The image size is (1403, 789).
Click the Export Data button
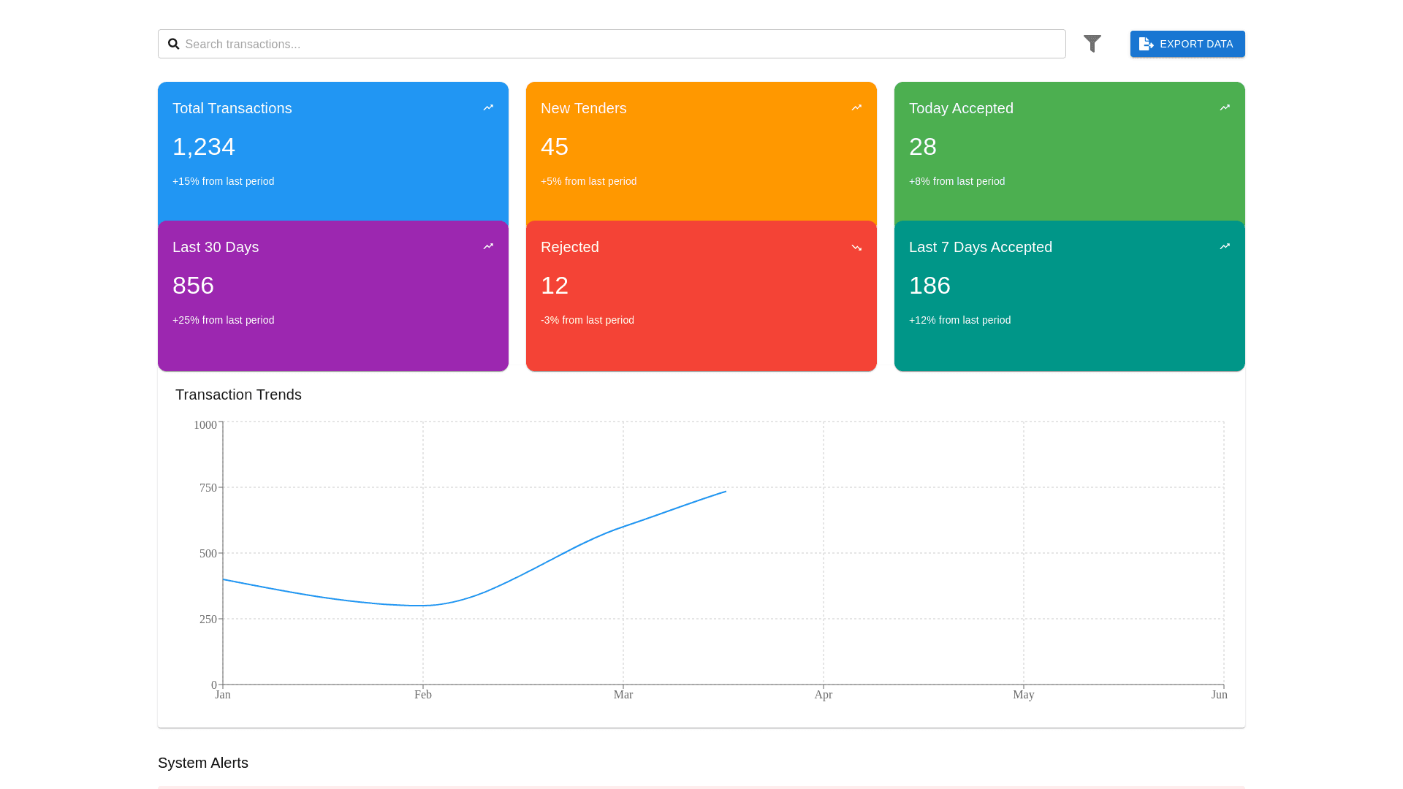point(1187,44)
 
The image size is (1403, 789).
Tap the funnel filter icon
point(1092,44)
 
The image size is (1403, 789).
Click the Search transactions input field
point(621,44)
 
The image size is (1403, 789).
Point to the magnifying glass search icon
point(173,44)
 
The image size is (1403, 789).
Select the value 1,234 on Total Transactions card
point(203,147)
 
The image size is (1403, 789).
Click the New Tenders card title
point(583,108)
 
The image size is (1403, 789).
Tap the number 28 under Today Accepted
point(922,147)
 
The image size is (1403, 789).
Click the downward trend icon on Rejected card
point(856,248)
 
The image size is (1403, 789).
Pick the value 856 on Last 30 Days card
point(193,286)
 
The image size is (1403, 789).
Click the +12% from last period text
point(959,320)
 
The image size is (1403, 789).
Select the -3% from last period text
point(587,320)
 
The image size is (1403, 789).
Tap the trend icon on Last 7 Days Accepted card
point(1225,247)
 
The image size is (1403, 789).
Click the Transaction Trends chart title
point(238,394)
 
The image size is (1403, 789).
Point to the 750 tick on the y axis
point(208,488)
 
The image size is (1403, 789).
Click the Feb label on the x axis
point(423,695)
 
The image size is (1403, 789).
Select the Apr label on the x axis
point(823,695)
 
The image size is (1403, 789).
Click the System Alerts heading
point(203,763)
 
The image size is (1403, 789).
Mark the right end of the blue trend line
point(726,492)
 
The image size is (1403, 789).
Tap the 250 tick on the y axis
point(208,620)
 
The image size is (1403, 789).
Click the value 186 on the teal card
point(929,286)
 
